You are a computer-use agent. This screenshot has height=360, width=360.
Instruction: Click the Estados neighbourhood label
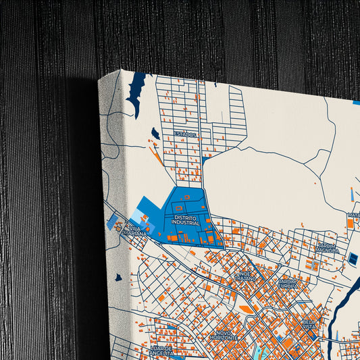185,134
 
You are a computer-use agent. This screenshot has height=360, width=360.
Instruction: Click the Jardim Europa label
288,283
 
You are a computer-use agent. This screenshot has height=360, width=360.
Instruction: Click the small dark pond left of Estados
156,133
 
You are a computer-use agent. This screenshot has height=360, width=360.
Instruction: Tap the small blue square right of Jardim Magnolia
353,259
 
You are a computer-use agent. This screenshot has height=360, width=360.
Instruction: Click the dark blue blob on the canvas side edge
118,277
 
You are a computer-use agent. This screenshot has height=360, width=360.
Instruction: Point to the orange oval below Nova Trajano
247,309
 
